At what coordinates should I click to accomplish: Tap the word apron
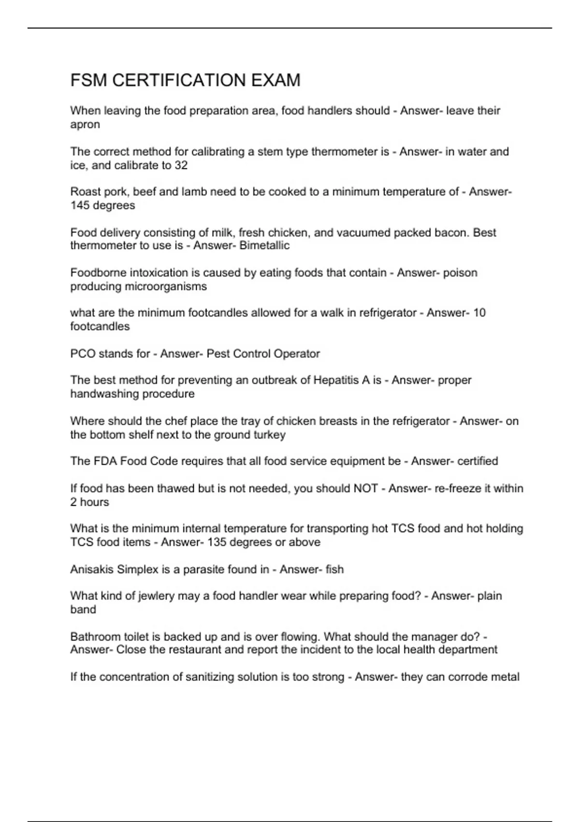tap(85, 125)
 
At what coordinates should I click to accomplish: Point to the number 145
tap(80, 205)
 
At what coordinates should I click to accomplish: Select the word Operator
tap(297, 354)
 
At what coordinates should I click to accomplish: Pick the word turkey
tap(270, 435)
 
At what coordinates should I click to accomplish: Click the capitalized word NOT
tap(365, 488)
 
